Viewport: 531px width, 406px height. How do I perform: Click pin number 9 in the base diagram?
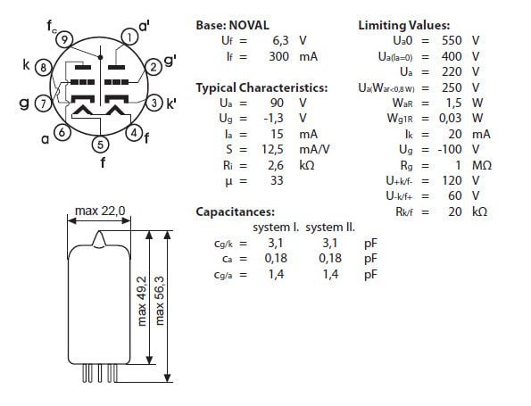(64, 39)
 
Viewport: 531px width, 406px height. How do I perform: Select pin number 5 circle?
(100, 145)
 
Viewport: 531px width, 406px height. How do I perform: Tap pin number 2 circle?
(153, 67)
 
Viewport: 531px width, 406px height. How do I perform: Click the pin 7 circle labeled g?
(44, 103)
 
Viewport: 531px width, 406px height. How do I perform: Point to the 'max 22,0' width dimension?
(100, 211)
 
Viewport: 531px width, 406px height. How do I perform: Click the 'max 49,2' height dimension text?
(142, 301)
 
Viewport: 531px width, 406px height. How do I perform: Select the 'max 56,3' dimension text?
(159, 301)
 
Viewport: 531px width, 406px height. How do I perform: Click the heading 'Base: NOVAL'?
(232, 25)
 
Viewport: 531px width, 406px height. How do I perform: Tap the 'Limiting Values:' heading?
(404, 25)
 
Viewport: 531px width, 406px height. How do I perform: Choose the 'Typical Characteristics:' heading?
(261, 87)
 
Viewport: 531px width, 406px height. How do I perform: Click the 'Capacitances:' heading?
(235, 212)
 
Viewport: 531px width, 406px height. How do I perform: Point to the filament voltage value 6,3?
(280, 41)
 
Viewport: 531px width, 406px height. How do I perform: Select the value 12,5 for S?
(272, 149)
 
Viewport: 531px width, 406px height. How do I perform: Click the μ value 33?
(277, 180)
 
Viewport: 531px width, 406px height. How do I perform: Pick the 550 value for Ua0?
(452, 41)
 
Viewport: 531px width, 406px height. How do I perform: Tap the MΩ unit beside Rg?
(482, 165)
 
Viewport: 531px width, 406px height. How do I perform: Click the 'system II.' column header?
(330, 228)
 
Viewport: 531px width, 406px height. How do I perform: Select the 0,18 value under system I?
(276, 259)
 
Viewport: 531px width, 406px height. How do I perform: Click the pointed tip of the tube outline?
(99, 231)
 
